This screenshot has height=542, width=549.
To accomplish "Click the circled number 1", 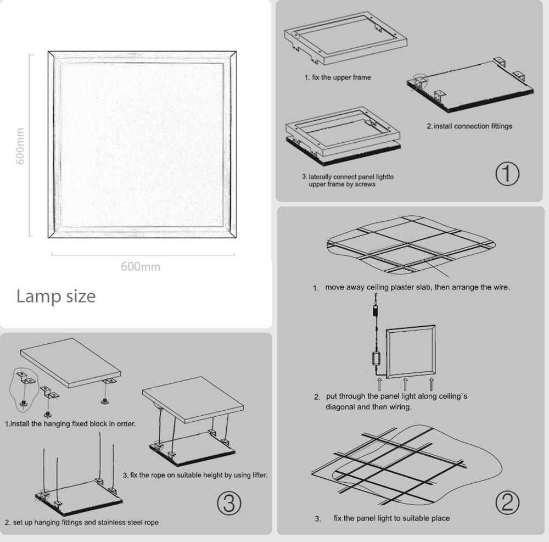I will click(507, 175).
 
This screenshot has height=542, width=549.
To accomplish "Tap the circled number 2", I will click(507, 502).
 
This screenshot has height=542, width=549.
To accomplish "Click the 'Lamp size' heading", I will click(55, 296).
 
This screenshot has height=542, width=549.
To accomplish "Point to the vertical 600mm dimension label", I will click(20, 146).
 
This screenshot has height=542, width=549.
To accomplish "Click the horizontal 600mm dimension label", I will click(141, 267).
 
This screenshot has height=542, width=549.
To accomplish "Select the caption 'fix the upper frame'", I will click(338, 77).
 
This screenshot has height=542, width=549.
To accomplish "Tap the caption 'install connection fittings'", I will click(469, 126).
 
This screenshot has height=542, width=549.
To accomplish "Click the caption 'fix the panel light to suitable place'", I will click(391, 518).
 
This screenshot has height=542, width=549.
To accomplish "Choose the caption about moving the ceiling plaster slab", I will click(417, 287).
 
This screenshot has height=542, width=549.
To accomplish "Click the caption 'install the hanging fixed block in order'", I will click(70, 424).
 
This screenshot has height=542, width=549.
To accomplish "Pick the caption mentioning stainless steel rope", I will click(82, 522).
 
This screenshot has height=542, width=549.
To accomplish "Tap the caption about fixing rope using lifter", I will click(195, 475).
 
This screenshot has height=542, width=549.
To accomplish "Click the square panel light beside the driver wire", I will click(412, 352).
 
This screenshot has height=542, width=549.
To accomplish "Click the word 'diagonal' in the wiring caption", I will click(341, 407).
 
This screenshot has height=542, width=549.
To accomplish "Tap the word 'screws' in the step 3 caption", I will click(365, 185).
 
